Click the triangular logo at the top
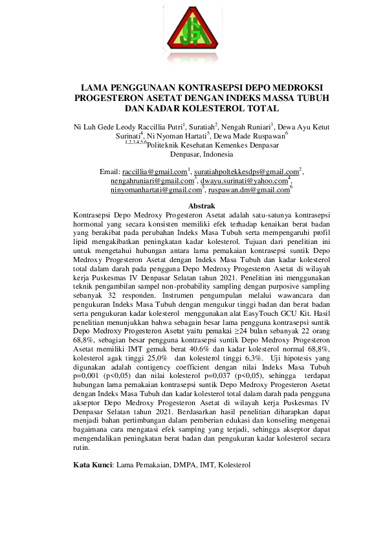pos(193,37)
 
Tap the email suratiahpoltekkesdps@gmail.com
pos(245,172)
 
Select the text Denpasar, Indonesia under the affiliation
pos(193,155)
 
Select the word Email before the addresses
pos(110,172)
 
